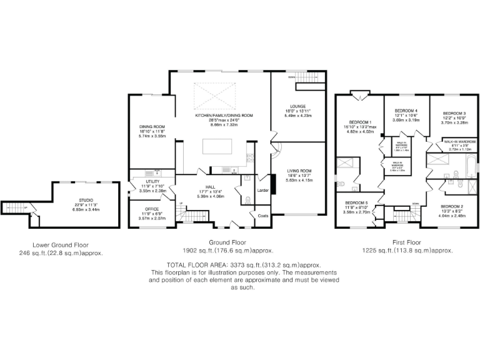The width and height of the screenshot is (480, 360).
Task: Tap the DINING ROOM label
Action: [x=152, y=127]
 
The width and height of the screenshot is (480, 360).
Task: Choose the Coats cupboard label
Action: [x=262, y=216]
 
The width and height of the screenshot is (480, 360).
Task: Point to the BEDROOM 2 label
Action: [x=452, y=206]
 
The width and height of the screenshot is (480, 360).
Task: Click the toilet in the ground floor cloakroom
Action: [x=247, y=200]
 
